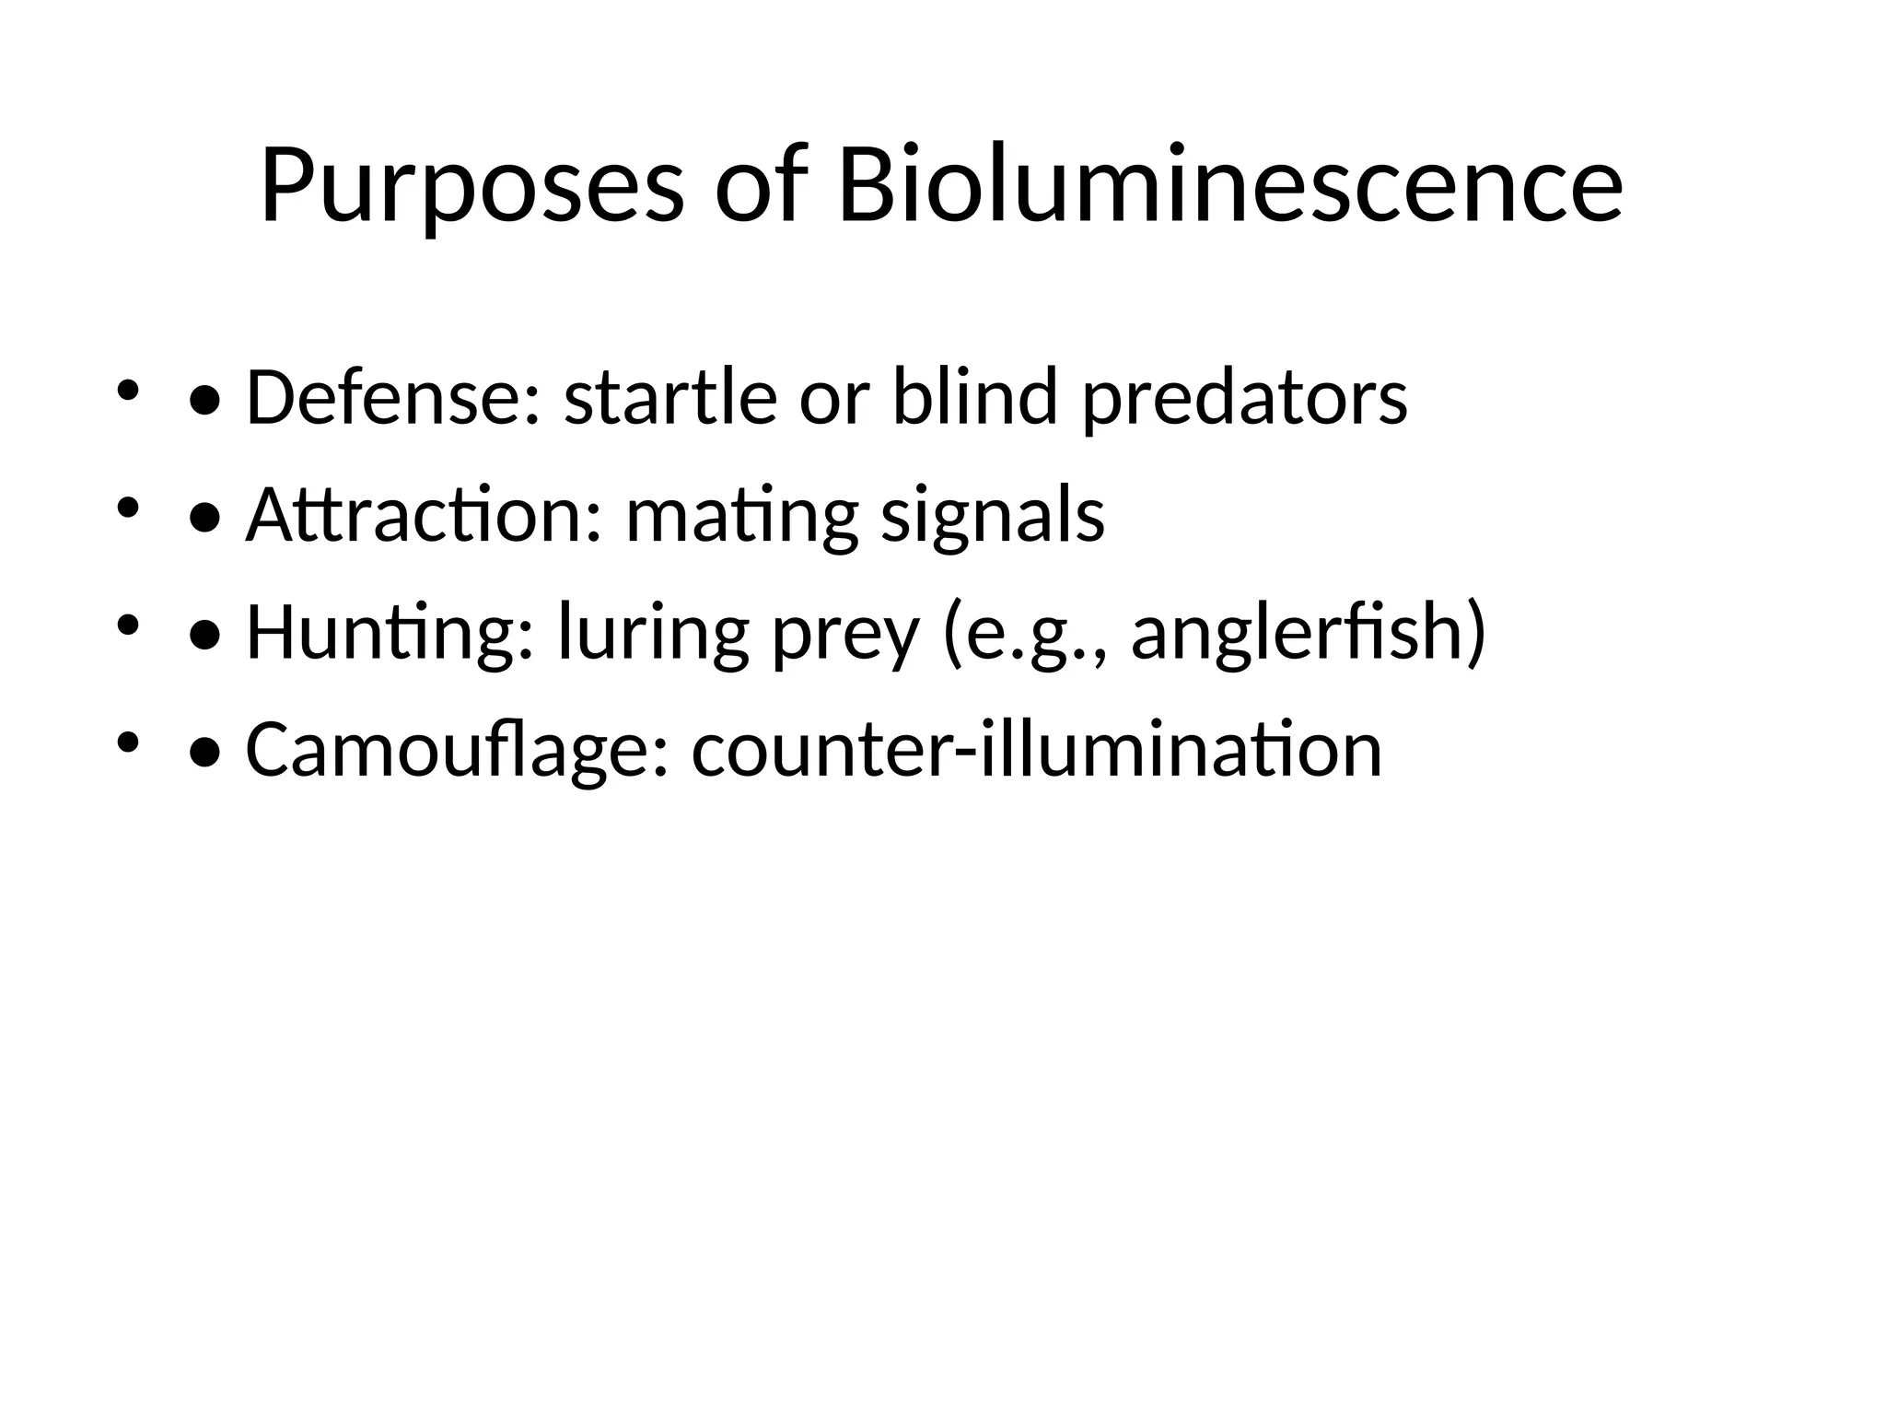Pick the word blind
[975, 398]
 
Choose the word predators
[1244, 398]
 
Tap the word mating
[741, 515]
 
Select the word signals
[993, 515]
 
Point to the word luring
[654, 633]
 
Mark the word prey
[845, 633]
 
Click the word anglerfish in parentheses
[1298, 633]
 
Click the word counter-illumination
[1037, 750]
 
